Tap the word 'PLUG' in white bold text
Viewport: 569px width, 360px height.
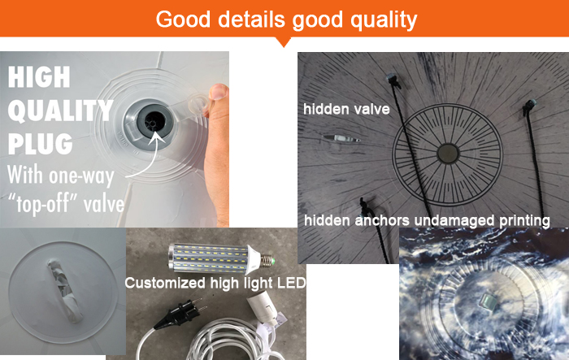click(41, 144)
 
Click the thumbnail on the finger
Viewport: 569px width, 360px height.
click(219, 92)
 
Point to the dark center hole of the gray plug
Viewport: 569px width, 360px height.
click(154, 119)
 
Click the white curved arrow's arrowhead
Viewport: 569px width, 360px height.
click(157, 137)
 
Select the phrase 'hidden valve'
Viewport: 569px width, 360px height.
click(346, 109)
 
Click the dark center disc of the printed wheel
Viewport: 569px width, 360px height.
click(448, 154)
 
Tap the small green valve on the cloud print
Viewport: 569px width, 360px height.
click(487, 301)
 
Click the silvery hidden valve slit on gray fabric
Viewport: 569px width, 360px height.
click(341, 139)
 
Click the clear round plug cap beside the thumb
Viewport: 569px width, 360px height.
click(198, 105)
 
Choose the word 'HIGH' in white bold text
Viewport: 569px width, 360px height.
click(39, 77)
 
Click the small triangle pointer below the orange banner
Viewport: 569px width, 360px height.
click(284, 41)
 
